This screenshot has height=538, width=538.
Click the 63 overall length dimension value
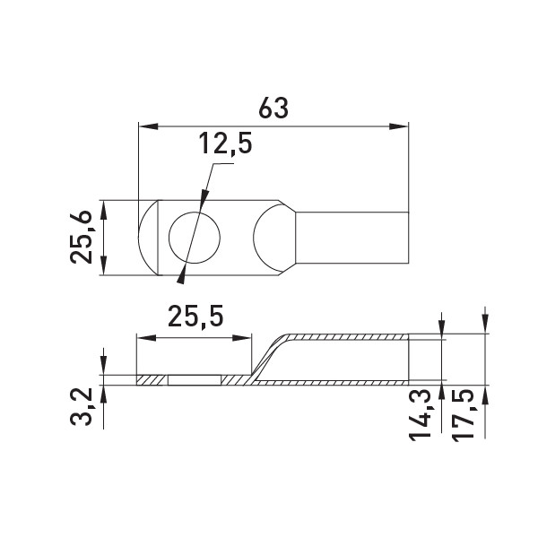coord(273,108)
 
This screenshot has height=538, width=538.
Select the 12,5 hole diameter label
coord(225,144)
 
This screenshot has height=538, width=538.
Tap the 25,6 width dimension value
coord(82,237)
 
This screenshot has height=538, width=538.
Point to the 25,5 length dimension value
coord(195,317)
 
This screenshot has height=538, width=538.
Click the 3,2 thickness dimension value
coord(82,407)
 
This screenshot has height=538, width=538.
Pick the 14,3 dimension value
coord(420,414)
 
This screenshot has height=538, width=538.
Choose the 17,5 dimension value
coord(463,415)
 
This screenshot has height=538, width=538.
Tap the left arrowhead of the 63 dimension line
coord(148,126)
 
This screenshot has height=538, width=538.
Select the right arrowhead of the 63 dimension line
coord(399,126)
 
